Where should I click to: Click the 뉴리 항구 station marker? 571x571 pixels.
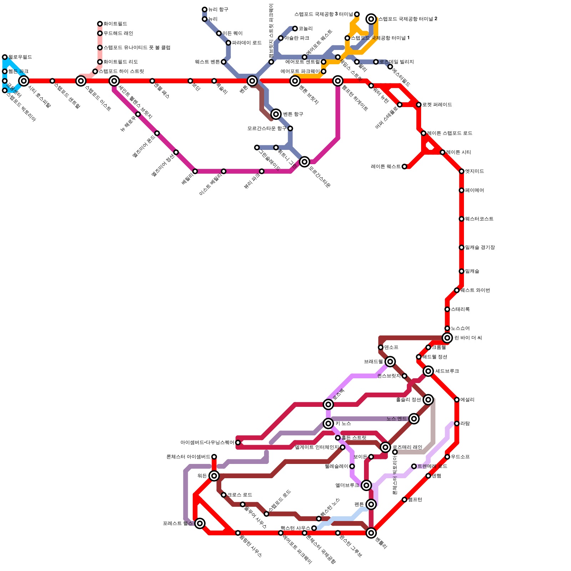pyautogui.click(x=204, y=10)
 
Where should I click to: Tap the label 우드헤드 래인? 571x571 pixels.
pyautogui.click(x=118, y=34)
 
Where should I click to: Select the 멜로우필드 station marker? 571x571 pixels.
pyautogui.click(x=5, y=57)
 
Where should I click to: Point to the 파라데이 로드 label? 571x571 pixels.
pyautogui.click(x=247, y=43)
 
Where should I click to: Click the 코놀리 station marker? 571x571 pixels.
pyautogui.click(x=295, y=29)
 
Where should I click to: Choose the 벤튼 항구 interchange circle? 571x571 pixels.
pyautogui.click(x=276, y=114)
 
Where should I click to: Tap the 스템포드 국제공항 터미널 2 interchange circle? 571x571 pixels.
pyautogui.click(x=372, y=19)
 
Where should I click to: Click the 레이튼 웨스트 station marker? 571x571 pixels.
pyautogui.click(x=404, y=167)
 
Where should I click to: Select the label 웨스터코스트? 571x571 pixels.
pyautogui.click(x=479, y=219)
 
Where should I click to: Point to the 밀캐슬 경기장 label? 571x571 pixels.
pyautogui.click(x=480, y=248)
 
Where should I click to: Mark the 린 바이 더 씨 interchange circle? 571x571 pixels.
pyautogui.click(x=447, y=338)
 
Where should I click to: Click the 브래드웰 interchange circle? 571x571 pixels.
pyautogui.click(x=390, y=362)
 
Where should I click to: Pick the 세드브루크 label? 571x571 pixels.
pyautogui.click(x=447, y=371)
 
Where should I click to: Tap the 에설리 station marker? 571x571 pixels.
pyautogui.click(x=457, y=400)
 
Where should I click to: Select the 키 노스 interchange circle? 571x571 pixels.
pyautogui.click(x=328, y=424)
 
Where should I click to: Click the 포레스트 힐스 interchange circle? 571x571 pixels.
pyautogui.click(x=200, y=523)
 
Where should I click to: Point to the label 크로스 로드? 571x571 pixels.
pyautogui.click(x=239, y=495)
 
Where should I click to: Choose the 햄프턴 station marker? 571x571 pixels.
pyautogui.click(x=404, y=500)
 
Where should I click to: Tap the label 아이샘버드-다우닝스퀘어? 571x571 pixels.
pyautogui.click(x=207, y=443)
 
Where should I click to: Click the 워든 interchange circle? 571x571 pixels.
pyautogui.click(x=214, y=476)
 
